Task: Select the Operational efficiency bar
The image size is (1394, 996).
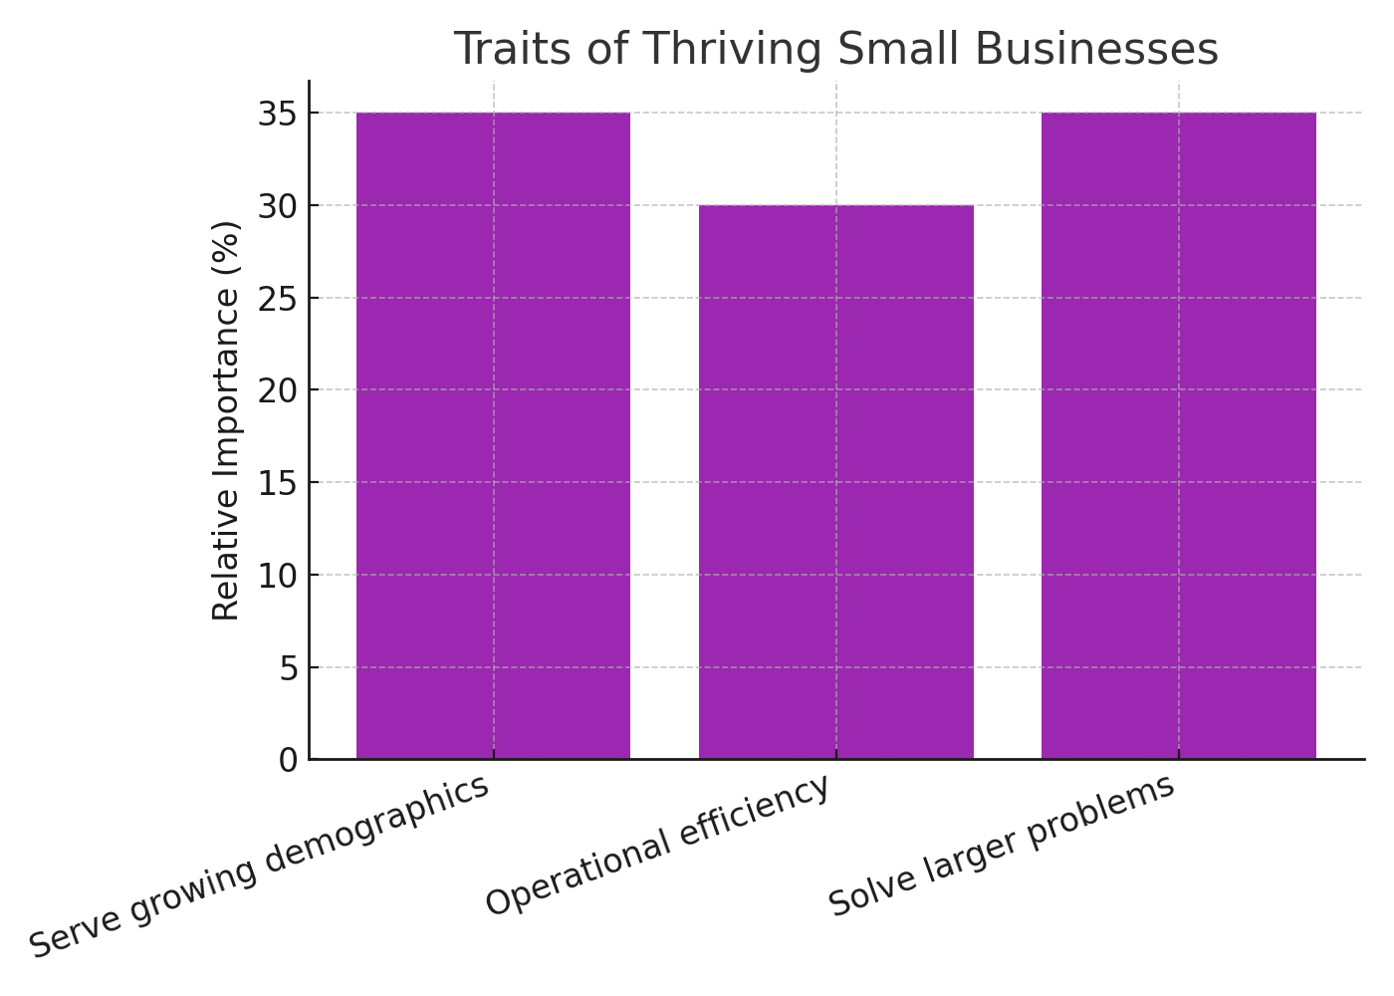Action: pyautogui.click(x=836, y=482)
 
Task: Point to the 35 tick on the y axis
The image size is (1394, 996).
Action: pyautogui.click(x=278, y=114)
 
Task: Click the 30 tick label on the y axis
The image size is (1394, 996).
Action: pyautogui.click(x=278, y=206)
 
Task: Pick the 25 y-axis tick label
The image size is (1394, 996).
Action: pyautogui.click(x=278, y=298)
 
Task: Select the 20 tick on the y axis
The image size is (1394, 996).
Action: pyautogui.click(x=278, y=390)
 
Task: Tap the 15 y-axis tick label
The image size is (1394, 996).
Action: pyautogui.click(x=278, y=483)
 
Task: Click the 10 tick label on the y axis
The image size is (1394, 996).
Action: pyautogui.click(x=278, y=576)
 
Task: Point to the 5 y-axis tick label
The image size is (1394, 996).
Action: pyautogui.click(x=288, y=667)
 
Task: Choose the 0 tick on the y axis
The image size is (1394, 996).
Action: pyautogui.click(x=288, y=761)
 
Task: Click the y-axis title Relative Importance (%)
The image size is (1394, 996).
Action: pyautogui.click(x=227, y=420)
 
